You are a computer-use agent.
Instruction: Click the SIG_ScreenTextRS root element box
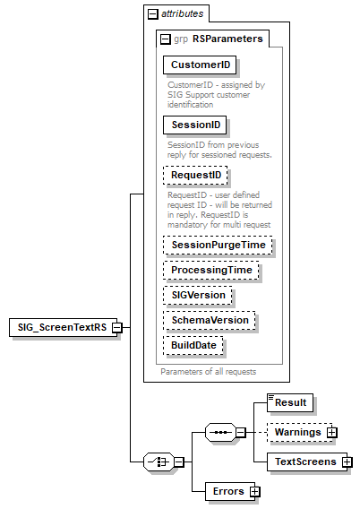pyautogui.click(x=59, y=327)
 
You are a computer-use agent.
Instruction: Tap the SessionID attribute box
pyautogui.click(x=193, y=125)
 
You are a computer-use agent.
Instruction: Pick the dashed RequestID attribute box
pyautogui.click(x=194, y=175)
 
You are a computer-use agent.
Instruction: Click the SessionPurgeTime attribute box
pyautogui.click(x=218, y=245)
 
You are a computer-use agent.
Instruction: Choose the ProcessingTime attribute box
pyautogui.click(x=213, y=270)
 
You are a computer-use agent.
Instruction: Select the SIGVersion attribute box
pyautogui.click(x=199, y=295)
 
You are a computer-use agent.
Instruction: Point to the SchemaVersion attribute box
pyautogui.click(x=209, y=320)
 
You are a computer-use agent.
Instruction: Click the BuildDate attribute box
pyautogui.click(x=193, y=345)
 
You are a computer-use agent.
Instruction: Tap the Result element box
pyautogui.click(x=292, y=403)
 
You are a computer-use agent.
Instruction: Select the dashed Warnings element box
pyautogui.click(x=298, y=433)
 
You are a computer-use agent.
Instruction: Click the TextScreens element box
pyautogui.click(x=304, y=462)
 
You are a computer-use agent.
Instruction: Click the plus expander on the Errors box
pyautogui.click(x=255, y=491)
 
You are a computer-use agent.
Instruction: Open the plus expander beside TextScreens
pyautogui.click(x=347, y=462)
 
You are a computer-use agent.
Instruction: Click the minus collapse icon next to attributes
pyautogui.click(x=152, y=14)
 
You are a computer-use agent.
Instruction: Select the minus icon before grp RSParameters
pyautogui.click(x=165, y=39)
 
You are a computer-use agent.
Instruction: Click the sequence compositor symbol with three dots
pyautogui.click(x=219, y=433)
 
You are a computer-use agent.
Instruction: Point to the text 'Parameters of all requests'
pyautogui.click(x=209, y=371)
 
